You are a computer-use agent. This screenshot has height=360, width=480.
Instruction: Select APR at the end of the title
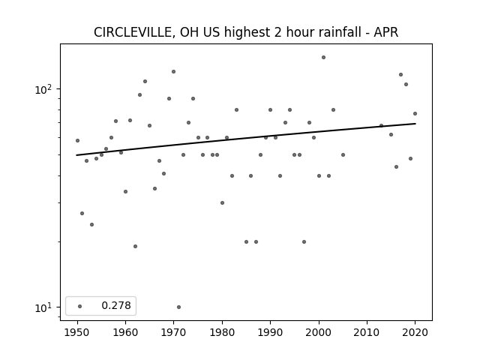point(386,32)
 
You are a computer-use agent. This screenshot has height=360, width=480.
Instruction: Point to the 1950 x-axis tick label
point(77,332)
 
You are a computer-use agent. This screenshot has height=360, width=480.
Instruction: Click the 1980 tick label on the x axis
point(222,332)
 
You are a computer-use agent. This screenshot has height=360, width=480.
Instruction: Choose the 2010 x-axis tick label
point(367,332)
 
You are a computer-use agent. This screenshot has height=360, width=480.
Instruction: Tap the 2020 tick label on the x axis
point(415,332)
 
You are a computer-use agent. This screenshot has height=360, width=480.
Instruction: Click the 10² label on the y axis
point(43,89)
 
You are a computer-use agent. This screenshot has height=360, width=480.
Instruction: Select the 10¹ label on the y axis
point(43,307)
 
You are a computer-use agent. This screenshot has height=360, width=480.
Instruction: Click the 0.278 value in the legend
point(116,305)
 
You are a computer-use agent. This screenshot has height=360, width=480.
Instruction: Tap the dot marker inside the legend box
point(80,306)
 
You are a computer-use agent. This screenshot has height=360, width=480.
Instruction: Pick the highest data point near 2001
point(323,57)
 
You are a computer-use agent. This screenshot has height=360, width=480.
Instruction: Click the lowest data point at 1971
point(178,307)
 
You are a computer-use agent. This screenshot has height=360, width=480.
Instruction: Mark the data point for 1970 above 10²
point(173,72)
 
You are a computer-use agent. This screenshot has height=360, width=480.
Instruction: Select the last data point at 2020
point(415,113)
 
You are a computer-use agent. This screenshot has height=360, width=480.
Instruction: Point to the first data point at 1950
point(77,140)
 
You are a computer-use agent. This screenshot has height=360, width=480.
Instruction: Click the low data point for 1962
point(135,247)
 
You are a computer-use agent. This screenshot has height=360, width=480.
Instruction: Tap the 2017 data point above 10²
point(400,75)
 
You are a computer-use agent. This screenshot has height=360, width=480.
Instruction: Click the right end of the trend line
point(415,123)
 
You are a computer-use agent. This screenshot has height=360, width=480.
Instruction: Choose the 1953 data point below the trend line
point(91,225)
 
